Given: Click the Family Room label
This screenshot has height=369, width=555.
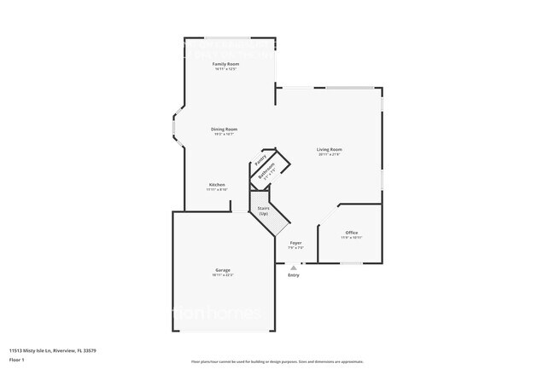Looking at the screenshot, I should click(225, 64).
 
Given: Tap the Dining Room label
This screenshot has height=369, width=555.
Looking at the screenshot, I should click(225, 129).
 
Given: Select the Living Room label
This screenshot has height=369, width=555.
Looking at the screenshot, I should click(330, 149).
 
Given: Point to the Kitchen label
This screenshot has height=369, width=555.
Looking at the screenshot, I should click(217, 185).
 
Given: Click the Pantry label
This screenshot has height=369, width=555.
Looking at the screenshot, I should click(260, 159).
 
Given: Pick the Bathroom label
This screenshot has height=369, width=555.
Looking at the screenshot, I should click(267, 171).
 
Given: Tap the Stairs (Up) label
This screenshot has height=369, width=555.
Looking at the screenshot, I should click(264, 210).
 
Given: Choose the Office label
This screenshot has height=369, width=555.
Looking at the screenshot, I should click(351, 233).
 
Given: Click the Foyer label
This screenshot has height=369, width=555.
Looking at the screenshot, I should click(295, 243).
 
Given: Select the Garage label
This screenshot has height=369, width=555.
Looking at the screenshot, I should click(222, 269).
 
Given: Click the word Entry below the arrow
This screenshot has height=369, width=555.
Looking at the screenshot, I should click(294, 275).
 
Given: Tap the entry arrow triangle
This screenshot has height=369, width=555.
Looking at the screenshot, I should click(294, 267).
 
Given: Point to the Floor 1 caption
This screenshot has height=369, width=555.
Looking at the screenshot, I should click(17, 360).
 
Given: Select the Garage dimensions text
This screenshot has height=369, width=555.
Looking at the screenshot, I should click(222, 275).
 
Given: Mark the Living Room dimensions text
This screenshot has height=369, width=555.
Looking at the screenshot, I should click(330, 154).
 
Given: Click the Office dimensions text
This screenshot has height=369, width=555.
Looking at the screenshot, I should click(351, 238).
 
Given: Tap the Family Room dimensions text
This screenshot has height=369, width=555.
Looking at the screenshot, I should click(225, 69).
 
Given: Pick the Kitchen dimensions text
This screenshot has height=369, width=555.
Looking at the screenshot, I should click(217, 190).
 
